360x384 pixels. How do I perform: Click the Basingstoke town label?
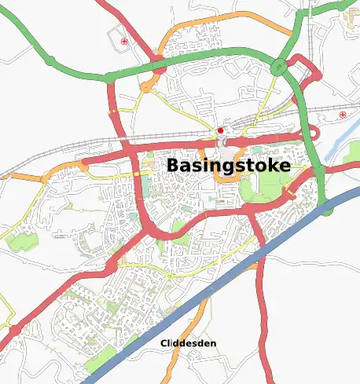point(228,166)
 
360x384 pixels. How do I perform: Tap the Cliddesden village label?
point(188,344)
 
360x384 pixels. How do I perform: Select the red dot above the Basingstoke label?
point(221,130)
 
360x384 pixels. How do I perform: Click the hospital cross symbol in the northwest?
point(123,40)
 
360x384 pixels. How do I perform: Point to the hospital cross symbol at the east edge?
point(343,115)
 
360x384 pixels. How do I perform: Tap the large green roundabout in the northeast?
point(279,68)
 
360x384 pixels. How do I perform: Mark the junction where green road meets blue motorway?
point(325,207)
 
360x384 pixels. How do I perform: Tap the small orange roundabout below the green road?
point(146,87)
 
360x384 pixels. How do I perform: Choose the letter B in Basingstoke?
point(172,166)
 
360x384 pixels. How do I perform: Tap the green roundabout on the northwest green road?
point(50,60)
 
